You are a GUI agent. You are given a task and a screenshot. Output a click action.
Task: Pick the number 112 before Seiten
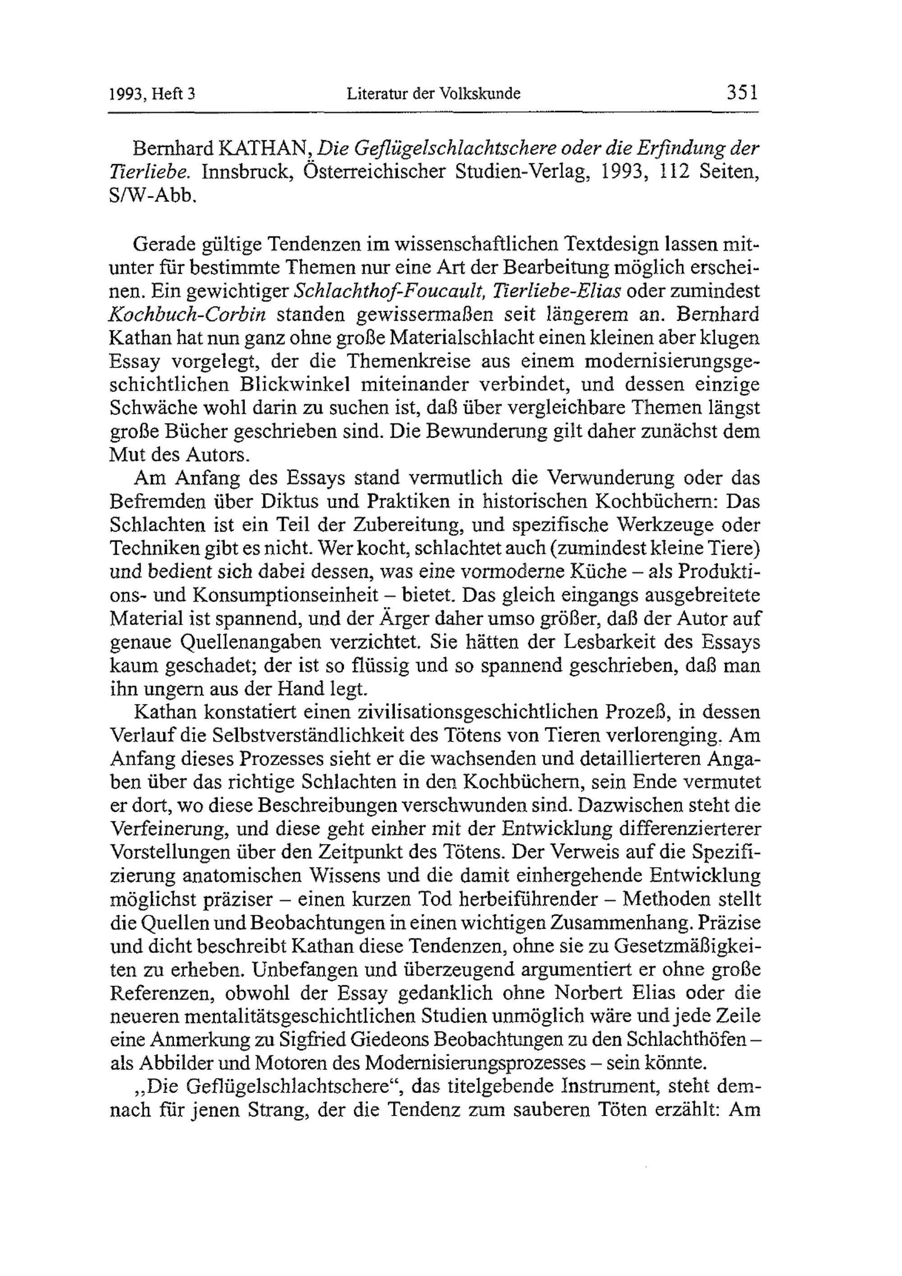tap(667, 172)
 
